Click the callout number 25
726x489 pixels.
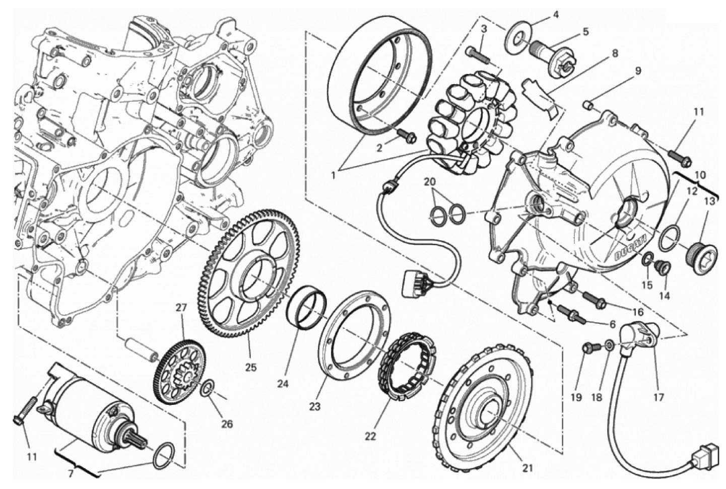pos(250,368)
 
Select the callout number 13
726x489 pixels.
pos(709,201)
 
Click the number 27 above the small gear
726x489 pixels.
pos(181,308)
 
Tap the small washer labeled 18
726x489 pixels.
pos(608,345)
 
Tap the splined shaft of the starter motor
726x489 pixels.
pos(137,442)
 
